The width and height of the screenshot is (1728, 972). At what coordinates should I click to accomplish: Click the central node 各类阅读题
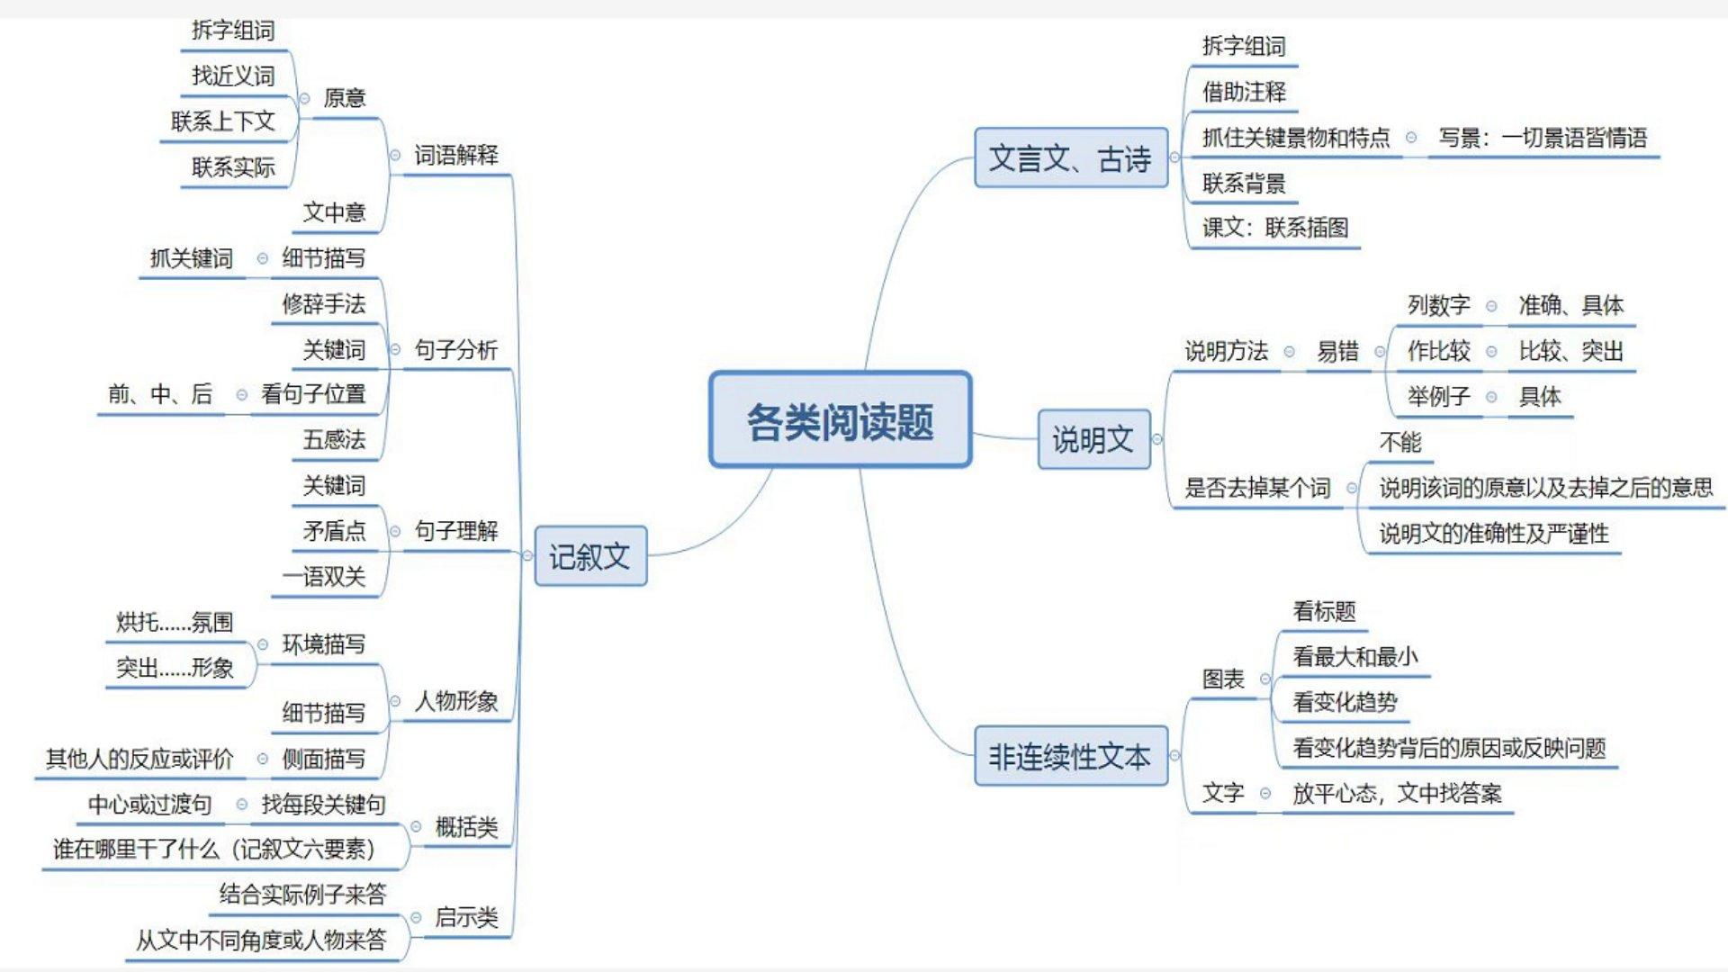pos(840,420)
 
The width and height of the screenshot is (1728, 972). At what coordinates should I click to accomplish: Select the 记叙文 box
pos(590,556)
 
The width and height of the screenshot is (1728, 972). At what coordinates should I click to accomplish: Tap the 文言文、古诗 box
pos(1070,158)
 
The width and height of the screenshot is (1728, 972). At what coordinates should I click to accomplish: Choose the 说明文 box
pos(1093,439)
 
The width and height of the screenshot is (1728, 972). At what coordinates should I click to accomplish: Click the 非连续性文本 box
pos(1070,756)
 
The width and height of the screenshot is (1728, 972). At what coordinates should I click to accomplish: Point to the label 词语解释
pos(456,155)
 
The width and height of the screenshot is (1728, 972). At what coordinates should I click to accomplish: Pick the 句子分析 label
pos(456,349)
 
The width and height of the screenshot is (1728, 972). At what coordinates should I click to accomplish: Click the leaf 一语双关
pos(324,576)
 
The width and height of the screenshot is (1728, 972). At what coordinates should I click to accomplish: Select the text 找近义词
pos(233,76)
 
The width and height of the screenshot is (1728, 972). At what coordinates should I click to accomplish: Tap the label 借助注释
pos(1244,91)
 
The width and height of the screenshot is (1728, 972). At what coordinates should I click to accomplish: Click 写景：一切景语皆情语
pos(1543,138)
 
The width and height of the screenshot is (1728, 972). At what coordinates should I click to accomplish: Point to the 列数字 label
pos(1438,305)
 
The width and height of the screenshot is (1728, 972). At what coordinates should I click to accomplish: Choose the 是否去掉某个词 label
pos(1256,488)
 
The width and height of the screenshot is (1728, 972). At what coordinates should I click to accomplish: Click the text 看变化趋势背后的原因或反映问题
pos(1449,747)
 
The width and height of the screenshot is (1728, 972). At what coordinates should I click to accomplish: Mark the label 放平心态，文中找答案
pos(1397,793)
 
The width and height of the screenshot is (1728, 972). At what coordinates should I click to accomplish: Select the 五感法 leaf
pos(334,439)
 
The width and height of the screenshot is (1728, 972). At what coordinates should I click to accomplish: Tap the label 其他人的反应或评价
pos(139,759)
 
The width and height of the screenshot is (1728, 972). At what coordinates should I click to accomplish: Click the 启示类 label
pos(466,917)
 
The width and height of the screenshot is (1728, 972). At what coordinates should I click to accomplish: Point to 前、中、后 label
pos(160,393)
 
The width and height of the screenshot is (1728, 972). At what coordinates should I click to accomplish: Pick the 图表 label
pos(1223,679)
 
